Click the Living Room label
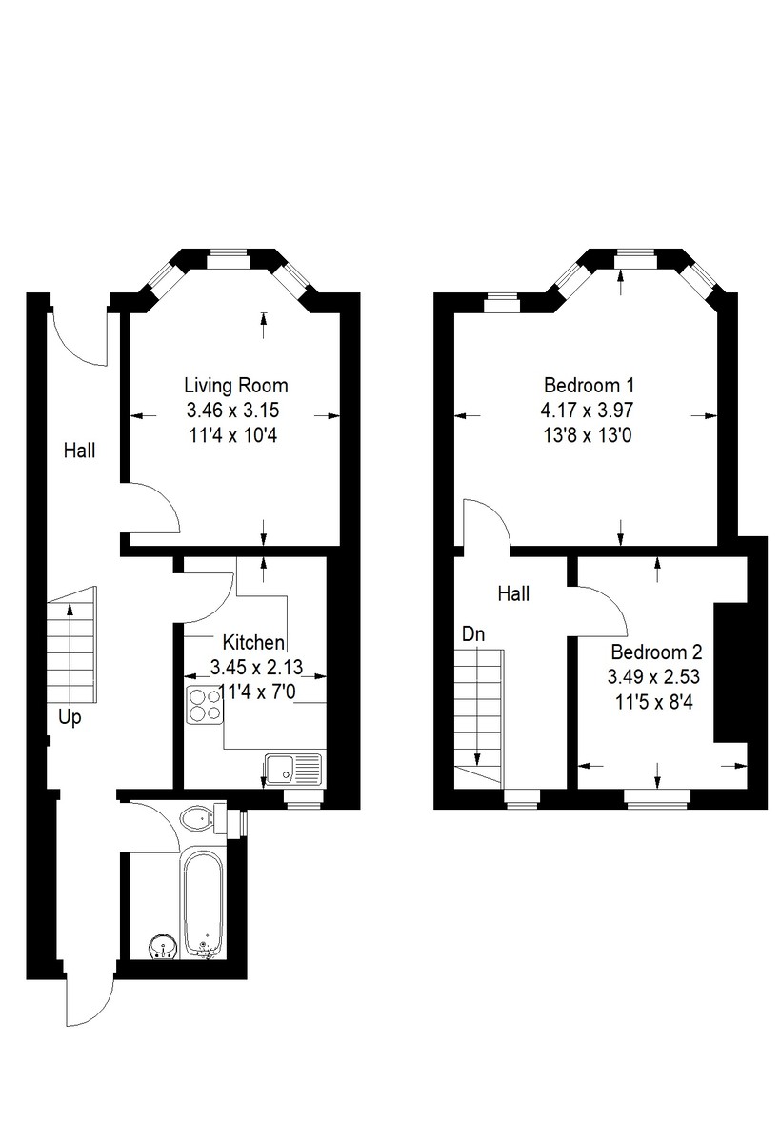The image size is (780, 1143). coord(235,386)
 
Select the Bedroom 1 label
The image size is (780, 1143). coord(589,386)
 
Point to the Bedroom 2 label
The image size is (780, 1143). coord(656,652)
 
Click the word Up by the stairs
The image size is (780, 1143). coord(70,718)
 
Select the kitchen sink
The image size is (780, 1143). coord(293,768)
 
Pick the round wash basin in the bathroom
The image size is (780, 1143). coord(162,947)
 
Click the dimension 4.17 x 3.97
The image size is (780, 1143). coord(589,411)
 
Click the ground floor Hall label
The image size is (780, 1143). coord(80,451)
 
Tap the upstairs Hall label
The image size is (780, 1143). coord(513,593)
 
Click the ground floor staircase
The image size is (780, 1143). coord(72,648)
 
